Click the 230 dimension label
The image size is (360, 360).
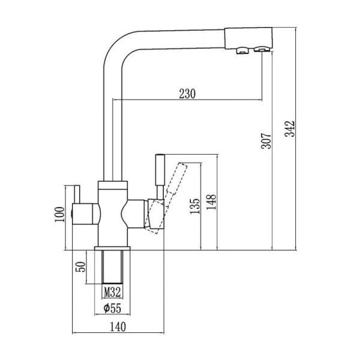click(x=187, y=94)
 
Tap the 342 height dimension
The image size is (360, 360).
click(x=290, y=128)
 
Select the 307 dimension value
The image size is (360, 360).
click(x=266, y=140)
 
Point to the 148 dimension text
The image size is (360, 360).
click(x=211, y=202)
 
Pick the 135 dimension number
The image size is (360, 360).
click(x=195, y=206)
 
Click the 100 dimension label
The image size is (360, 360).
click(x=59, y=214)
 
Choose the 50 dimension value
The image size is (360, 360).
click(x=81, y=266)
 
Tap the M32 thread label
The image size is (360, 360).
click(x=112, y=292)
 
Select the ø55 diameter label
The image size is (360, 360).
click(x=112, y=308)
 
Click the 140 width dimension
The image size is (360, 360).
click(x=118, y=327)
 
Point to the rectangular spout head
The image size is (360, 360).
click(x=248, y=38)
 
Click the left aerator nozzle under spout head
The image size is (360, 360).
click(x=242, y=50)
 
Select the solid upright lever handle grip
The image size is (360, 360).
click(x=160, y=169)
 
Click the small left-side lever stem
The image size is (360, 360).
click(x=77, y=194)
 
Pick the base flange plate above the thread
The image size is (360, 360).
click(x=112, y=248)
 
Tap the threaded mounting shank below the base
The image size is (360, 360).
click(x=112, y=267)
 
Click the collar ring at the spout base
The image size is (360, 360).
click(x=113, y=185)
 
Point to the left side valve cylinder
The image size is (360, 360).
click(x=86, y=214)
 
